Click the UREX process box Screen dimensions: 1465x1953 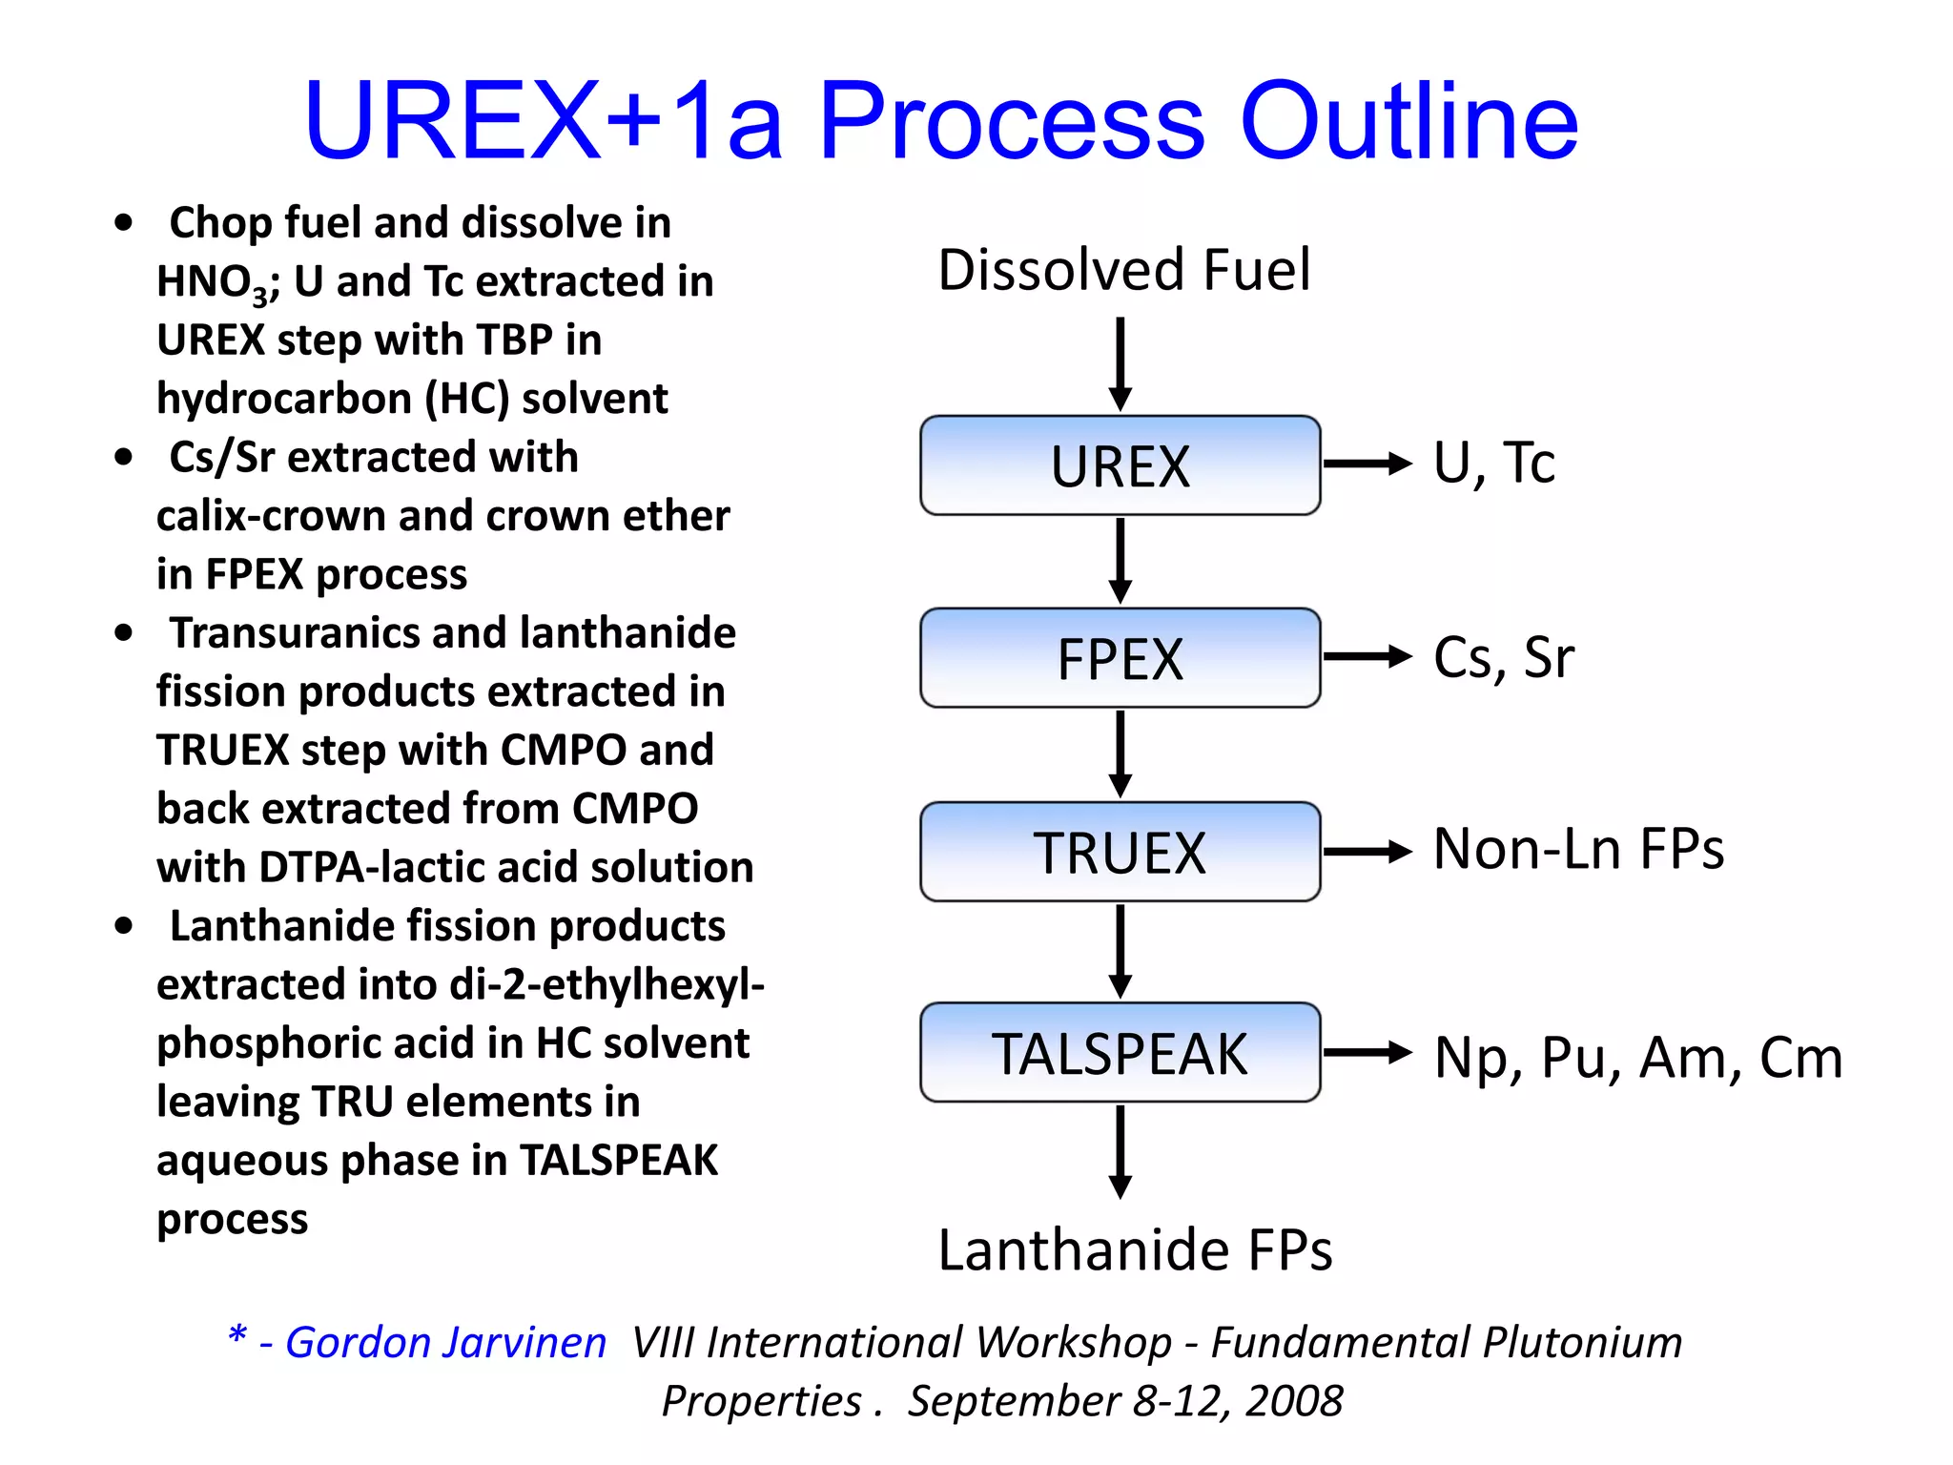coord(1120,465)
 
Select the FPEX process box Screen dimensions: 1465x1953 coord(1120,658)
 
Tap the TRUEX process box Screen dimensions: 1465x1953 coord(1120,852)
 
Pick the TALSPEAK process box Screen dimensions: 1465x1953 coord(1120,1053)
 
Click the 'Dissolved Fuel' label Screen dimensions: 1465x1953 coord(1123,270)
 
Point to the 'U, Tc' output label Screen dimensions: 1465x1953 coord(1493,464)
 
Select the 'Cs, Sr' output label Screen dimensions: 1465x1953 coord(1503,657)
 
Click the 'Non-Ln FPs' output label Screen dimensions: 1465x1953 coord(1578,849)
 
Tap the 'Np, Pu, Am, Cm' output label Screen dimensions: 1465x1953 coord(1637,1057)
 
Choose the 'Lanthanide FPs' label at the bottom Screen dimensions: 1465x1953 coord(1135,1249)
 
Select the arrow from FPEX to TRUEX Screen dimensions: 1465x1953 coord(1120,753)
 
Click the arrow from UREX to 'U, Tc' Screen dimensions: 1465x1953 coord(1367,464)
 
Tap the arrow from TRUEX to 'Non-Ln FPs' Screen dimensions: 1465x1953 coord(1367,852)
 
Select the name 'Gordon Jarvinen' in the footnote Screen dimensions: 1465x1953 coord(445,1343)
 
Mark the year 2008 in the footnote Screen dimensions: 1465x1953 coord(1293,1401)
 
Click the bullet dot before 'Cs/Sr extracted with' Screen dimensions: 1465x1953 coord(123,457)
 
